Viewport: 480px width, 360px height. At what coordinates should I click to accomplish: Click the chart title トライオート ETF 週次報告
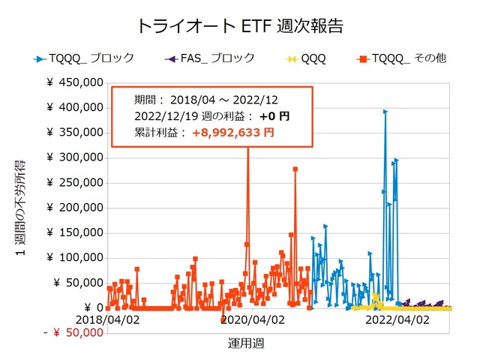tap(240, 25)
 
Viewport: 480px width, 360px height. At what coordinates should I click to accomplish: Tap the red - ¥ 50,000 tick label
tap(73, 332)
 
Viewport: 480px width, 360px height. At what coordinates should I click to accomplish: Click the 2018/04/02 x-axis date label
tap(108, 319)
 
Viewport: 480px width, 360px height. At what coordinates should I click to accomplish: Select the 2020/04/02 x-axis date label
tap(253, 319)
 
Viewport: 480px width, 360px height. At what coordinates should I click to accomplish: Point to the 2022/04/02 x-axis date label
tap(397, 319)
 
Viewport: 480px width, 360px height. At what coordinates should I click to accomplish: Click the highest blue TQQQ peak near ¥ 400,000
tap(385, 111)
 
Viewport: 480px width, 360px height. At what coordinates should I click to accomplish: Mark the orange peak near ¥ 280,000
tap(295, 169)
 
